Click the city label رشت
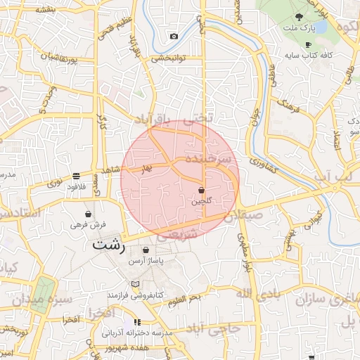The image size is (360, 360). (108, 246)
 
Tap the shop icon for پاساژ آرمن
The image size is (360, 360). (146, 250)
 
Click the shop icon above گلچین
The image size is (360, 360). (201, 191)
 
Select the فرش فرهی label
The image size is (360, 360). (88, 225)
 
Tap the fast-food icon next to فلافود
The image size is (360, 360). (76, 176)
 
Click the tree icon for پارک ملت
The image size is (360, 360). (300, 16)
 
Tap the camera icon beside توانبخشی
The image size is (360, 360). (174, 36)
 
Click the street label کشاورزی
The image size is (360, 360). (265, 166)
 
